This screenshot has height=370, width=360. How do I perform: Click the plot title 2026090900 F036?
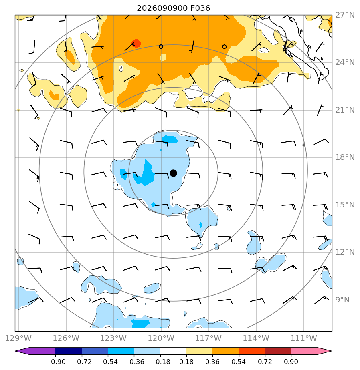[x=174, y=8]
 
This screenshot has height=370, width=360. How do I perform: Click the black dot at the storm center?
[x=174, y=173]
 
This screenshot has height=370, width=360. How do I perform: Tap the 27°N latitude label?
[x=345, y=15]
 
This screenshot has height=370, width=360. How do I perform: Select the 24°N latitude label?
[x=345, y=62]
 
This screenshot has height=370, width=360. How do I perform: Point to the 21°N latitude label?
[x=345, y=110]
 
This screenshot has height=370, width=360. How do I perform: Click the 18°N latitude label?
[x=345, y=157]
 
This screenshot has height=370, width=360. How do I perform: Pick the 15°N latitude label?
[x=345, y=205]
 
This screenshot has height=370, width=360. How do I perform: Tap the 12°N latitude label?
[x=345, y=252]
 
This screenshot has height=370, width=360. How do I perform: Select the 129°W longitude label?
[x=18, y=338]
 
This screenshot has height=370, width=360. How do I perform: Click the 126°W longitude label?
[x=66, y=338]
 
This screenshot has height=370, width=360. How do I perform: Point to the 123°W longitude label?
[x=113, y=338]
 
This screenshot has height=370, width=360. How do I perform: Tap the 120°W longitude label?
[x=161, y=338]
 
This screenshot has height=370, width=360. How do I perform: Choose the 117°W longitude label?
[x=208, y=338]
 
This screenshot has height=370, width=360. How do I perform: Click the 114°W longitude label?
[x=256, y=338]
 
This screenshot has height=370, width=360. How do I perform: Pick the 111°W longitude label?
[x=303, y=338]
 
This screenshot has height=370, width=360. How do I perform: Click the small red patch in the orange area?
[x=137, y=43]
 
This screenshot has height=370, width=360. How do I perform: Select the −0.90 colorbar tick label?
[x=56, y=362]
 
